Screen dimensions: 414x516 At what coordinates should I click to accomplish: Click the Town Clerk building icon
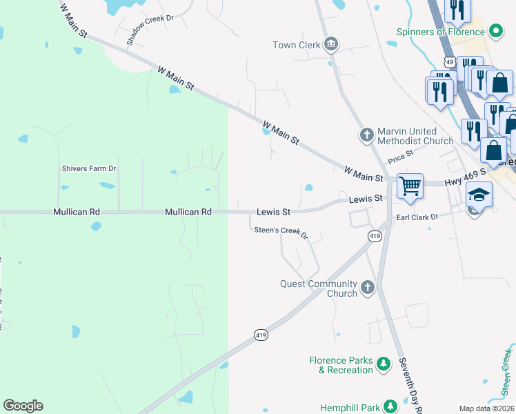point(330,45)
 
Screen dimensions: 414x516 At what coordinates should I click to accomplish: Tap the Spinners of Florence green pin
point(495,31)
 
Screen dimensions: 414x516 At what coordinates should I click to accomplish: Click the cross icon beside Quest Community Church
point(368,288)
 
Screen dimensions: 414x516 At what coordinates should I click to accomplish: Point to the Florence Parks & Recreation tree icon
point(385,364)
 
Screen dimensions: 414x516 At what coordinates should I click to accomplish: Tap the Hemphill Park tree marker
point(390,407)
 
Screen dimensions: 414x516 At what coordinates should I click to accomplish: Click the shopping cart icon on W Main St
point(410,185)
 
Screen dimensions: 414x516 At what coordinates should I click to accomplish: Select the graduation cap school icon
point(479,194)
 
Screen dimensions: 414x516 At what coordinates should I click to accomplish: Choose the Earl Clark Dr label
point(417,217)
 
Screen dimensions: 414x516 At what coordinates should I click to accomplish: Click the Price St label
point(400,157)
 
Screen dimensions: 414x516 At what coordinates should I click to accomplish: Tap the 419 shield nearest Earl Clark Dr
point(375,236)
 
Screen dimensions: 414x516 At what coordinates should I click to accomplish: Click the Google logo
point(23,406)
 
